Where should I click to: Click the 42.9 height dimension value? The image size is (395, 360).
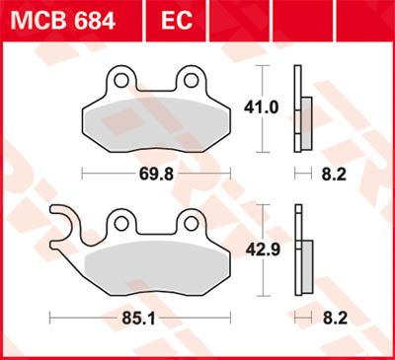pyautogui.click(x=260, y=251)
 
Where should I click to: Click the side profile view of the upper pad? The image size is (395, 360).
pyautogui.click(x=299, y=108)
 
